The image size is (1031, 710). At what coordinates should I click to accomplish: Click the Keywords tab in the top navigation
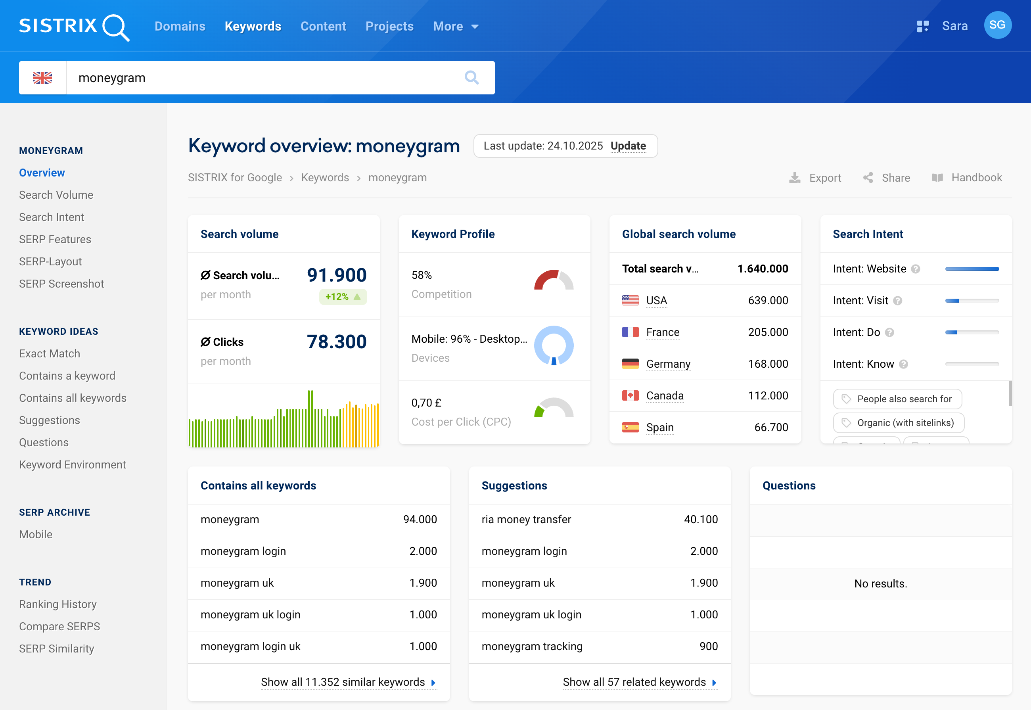click(x=253, y=26)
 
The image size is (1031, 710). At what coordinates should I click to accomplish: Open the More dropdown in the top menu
click(x=456, y=26)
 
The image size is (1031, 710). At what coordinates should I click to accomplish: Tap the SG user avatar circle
click(x=997, y=25)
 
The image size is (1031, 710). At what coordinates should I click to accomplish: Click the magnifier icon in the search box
click(x=471, y=78)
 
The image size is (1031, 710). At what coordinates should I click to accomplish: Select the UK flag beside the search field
click(x=43, y=78)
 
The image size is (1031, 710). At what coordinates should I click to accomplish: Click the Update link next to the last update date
click(x=628, y=146)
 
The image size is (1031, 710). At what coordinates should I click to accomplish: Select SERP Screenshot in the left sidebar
click(x=61, y=284)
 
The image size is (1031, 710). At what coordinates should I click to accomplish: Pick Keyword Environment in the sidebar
click(x=73, y=464)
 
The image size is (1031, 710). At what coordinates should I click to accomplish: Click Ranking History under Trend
click(x=58, y=604)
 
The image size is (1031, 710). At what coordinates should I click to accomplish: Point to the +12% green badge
click(x=343, y=297)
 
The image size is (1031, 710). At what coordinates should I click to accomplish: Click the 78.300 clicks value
click(x=337, y=342)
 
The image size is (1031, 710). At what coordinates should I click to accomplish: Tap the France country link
click(x=663, y=332)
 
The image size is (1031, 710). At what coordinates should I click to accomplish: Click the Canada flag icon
click(x=630, y=395)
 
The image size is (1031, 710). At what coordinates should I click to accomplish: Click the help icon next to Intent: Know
click(x=903, y=365)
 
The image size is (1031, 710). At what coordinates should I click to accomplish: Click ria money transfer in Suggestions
click(x=526, y=519)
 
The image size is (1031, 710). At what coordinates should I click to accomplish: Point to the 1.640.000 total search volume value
click(x=763, y=269)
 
